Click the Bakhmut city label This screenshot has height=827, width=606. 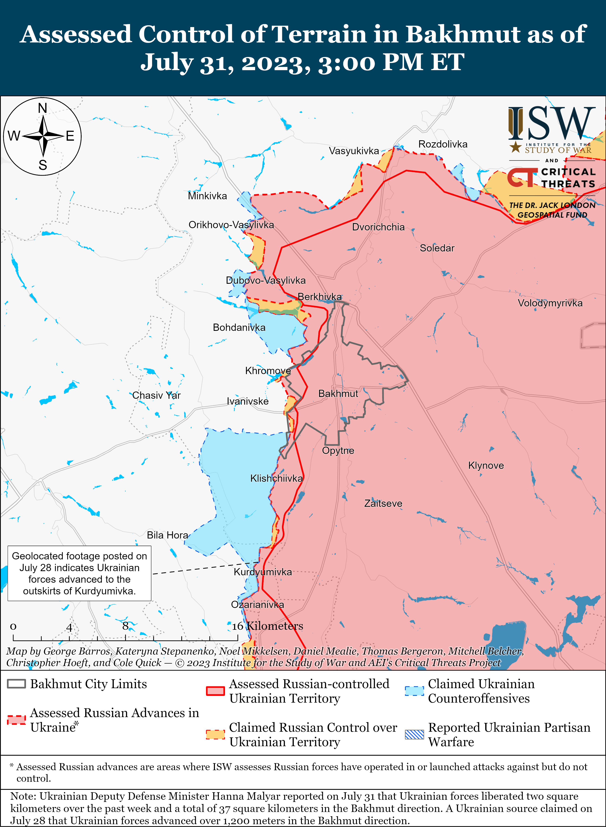click(x=338, y=394)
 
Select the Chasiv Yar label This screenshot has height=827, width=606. click(x=156, y=395)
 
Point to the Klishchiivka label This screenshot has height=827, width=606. click(x=276, y=478)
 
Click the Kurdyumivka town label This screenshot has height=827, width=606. click(x=263, y=572)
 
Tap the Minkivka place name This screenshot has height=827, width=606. click(x=207, y=196)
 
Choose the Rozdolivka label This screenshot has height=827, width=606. click(x=443, y=144)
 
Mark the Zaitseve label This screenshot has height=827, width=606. click(x=383, y=503)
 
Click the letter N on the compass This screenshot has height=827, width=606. click(x=43, y=108)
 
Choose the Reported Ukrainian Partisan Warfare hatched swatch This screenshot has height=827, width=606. click(x=414, y=735)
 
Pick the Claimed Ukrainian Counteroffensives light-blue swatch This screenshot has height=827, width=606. click(x=414, y=691)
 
